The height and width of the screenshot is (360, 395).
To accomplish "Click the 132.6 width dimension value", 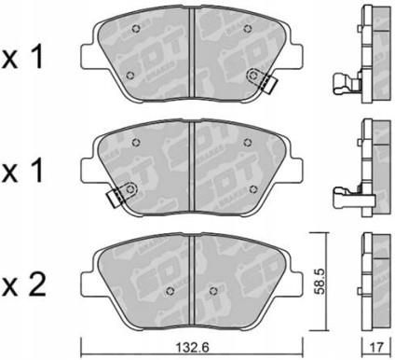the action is point(192,347).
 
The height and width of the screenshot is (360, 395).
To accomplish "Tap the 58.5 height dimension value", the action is point(320,282).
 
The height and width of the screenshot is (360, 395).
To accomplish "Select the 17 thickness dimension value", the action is point(376,347).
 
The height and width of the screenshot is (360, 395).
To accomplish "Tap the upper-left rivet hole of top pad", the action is point(136,29).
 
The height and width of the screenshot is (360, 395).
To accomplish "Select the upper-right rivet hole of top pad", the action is point(247,29).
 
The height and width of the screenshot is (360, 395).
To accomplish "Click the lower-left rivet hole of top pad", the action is point(130,75).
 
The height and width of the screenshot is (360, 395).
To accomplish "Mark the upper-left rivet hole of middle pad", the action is point(136,143).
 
